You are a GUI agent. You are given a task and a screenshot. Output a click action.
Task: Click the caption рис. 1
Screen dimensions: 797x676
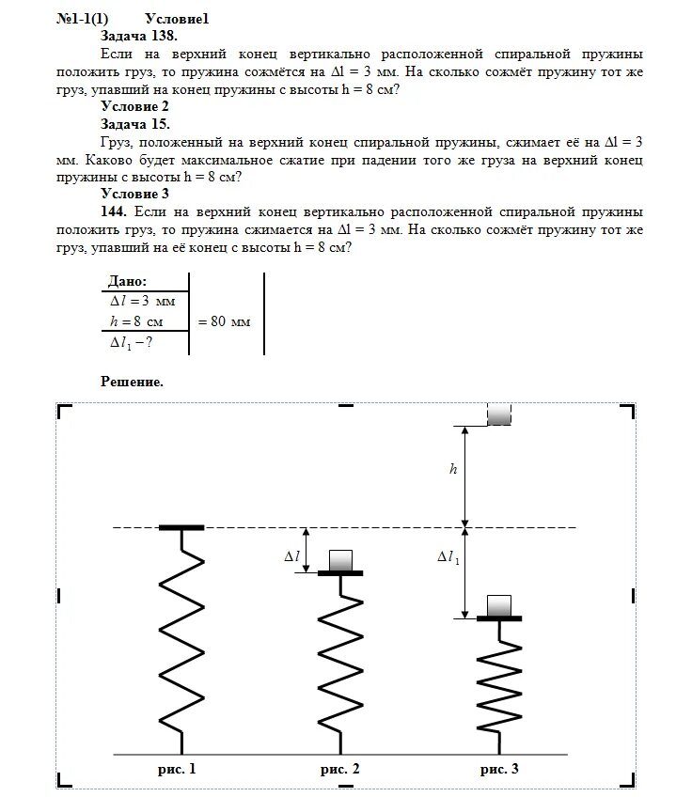coord(178,769)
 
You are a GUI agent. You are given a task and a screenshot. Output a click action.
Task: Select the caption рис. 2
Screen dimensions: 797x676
coord(339,769)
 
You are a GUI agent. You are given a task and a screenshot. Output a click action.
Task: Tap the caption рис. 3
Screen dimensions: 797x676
coord(499,769)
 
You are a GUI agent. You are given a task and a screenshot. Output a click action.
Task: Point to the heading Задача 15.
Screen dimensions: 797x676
coord(135,124)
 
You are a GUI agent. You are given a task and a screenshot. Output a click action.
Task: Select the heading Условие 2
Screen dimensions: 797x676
coord(134,107)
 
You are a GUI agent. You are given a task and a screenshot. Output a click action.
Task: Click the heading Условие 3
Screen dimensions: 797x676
coord(134,194)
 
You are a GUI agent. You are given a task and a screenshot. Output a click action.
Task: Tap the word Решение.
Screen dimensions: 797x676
coord(132,383)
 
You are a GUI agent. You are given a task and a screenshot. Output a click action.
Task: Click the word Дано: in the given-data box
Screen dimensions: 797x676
coord(128,282)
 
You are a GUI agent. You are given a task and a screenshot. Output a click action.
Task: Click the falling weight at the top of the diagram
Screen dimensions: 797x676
coord(498,414)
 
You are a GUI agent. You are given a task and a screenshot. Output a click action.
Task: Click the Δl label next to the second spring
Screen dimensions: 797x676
coord(291,557)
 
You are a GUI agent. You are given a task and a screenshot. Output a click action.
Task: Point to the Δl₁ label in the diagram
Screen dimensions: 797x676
coord(448,557)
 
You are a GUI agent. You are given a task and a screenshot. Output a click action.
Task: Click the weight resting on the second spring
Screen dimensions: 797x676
coord(339,560)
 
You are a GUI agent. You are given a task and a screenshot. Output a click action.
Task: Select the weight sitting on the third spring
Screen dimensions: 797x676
coord(499,604)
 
